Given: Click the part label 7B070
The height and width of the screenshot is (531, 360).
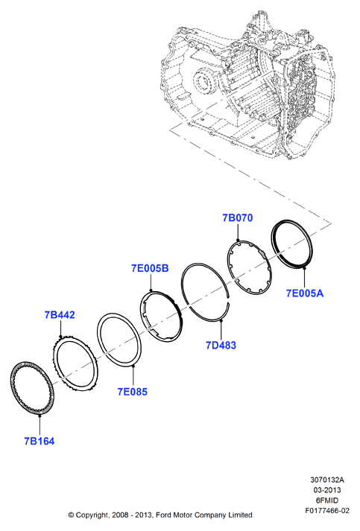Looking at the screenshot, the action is pyautogui.click(x=238, y=217).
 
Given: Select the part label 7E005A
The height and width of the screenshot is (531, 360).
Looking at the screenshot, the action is pyautogui.click(x=304, y=293).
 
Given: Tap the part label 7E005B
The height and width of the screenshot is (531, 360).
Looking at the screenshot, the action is pyautogui.click(x=150, y=268).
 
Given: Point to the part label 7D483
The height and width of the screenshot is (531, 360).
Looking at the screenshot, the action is pyautogui.click(x=221, y=346).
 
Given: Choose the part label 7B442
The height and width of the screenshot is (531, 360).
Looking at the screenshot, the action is pyautogui.click(x=60, y=315).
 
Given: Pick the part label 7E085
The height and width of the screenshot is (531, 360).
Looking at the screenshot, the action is pyautogui.click(x=133, y=392).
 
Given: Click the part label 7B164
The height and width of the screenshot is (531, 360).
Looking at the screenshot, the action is pyautogui.click(x=40, y=441).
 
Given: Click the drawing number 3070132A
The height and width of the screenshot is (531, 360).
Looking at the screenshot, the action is pyautogui.click(x=327, y=480).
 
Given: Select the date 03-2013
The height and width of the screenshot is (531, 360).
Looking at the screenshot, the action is pyautogui.click(x=327, y=490).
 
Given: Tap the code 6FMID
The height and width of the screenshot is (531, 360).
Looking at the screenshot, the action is pyautogui.click(x=327, y=500).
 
